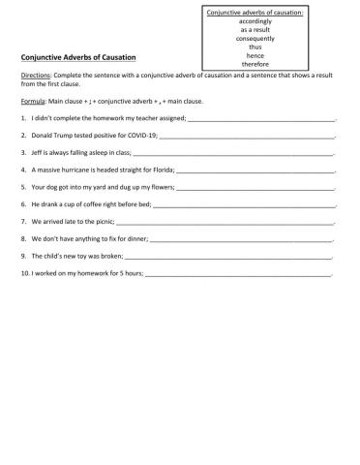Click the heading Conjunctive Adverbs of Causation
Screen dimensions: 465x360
point(78,58)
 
